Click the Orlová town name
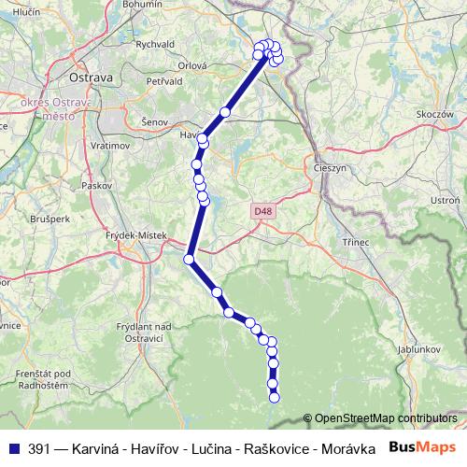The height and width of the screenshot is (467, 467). click(192, 65)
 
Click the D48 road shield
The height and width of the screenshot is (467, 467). click(263, 212)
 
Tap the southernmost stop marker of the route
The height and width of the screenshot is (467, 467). click(274, 398)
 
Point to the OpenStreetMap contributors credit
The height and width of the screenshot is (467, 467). click(386, 418)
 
